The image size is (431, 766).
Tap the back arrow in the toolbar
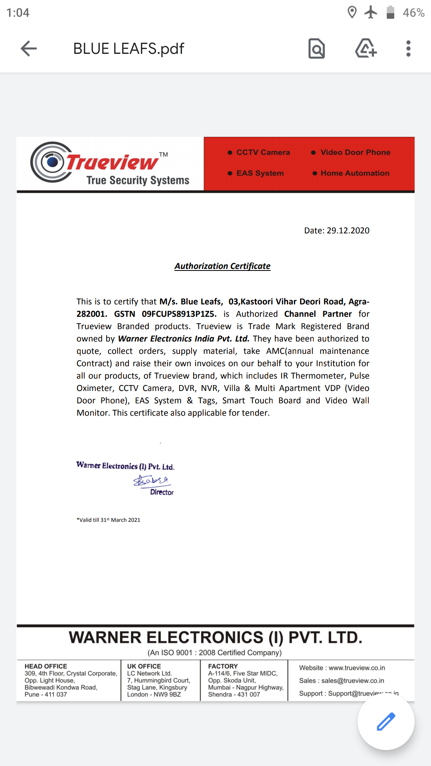(29, 49)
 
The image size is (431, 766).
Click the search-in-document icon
(316, 49)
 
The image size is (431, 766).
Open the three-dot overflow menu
(408, 49)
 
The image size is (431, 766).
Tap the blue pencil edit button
(386, 721)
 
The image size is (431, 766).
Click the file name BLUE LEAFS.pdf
(129, 49)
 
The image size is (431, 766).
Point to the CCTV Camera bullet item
(263, 152)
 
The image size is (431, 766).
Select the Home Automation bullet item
(354, 173)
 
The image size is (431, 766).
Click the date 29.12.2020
(348, 231)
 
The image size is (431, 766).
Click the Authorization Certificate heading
(222, 266)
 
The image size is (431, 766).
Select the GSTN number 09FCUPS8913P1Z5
(179, 314)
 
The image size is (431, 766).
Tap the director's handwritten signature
(151, 480)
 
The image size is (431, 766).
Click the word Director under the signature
(162, 492)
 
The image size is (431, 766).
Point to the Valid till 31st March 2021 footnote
(109, 520)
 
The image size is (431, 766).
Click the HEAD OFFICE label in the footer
(46, 666)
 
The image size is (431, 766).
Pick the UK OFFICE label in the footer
(144, 666)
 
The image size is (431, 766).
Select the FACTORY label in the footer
(223, 666)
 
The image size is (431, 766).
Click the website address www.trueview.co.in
(357, 668)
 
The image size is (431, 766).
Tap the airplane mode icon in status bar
(371, 12)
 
